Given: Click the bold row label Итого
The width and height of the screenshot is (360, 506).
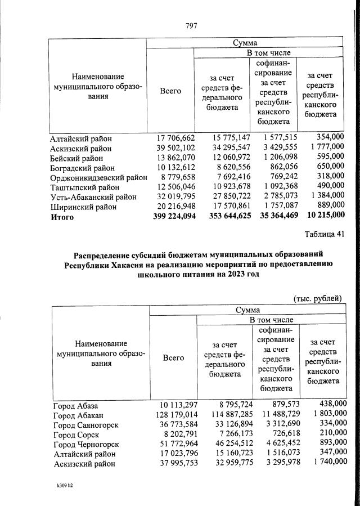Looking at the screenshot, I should tap(62, 217).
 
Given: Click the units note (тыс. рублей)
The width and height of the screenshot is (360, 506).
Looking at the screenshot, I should tap(318, 298).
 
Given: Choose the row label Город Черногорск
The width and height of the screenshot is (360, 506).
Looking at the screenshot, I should tap(86, 445).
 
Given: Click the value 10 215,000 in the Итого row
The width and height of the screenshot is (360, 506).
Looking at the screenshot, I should tap(321, 217).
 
